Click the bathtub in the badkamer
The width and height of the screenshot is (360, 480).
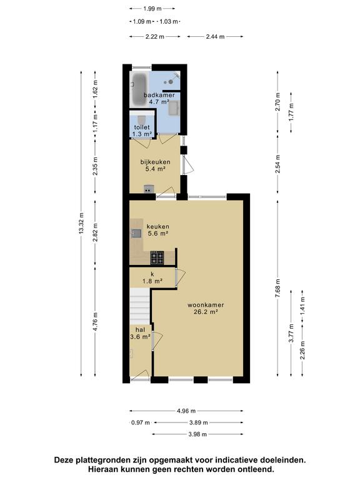click(139, 89)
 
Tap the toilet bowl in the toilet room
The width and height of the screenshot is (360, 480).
click(141, 119)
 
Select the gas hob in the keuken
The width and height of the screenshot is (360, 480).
click(157, 257)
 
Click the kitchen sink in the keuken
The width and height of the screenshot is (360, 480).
click(136, 233)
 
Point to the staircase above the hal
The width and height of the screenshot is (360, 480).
click(140, 306)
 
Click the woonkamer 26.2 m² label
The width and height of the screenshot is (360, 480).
click(206, 309)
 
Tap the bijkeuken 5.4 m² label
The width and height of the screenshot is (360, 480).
click(155, 165)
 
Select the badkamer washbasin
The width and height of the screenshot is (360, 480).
click(174, 107)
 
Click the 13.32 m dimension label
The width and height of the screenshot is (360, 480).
click(81, 224)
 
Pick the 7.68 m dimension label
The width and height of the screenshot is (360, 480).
click(277, 288)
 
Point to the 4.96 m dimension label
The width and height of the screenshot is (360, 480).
click(186, 411)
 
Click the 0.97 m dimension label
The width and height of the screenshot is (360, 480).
click(141, 422)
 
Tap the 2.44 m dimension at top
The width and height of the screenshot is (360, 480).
click(215, 37)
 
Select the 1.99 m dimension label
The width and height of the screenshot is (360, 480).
click(152, 9)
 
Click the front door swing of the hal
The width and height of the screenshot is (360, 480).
click(140, 375)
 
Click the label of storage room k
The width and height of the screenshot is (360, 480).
click(152, 277)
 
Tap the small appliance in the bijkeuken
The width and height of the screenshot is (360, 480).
click(149, 189)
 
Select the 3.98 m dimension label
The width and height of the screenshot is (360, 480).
click(197, 434)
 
